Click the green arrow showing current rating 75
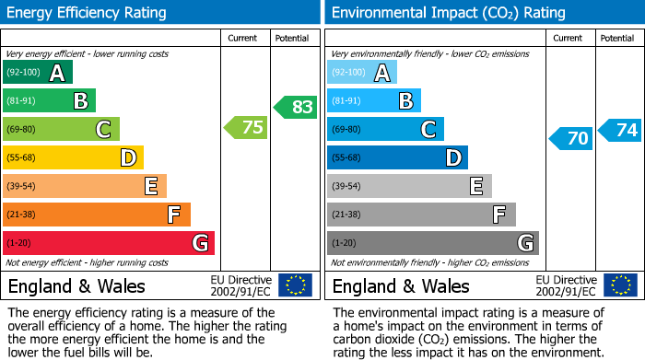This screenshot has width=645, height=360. tap(247, 128)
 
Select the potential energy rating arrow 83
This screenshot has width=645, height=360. tap(296, 107)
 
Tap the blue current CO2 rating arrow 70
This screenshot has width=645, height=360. tap(571, 138)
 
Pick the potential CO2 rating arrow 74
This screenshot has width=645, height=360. tap(620, 130)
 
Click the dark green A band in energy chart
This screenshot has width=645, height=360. tap(37, 73)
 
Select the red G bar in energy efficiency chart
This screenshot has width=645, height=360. tap(108, 243)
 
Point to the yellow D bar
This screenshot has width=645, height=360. tap(73, 157)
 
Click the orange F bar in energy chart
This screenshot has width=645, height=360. tap(97, 215)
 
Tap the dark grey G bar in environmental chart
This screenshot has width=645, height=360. tap(432, 243)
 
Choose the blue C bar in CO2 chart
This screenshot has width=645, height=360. tap(385, 129)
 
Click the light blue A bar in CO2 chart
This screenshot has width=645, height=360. tap(362, 73)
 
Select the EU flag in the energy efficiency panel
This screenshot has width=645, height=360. tap(295, 285)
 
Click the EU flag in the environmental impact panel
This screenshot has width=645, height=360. tap(621, 285)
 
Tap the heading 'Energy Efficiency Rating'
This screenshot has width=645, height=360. tap(88, 13)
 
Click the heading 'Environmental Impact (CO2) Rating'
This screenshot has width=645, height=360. tap(448, 13)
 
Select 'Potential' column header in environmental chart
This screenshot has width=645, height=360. tap(617, 38)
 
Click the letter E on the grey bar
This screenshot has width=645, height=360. tap(475, 186)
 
